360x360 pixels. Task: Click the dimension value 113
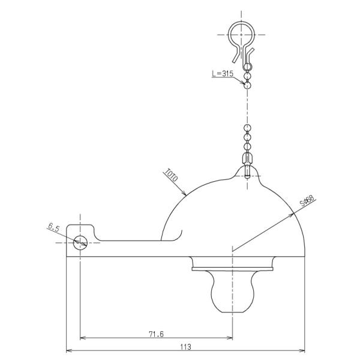[185, 346]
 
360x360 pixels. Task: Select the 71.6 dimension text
[157, 334]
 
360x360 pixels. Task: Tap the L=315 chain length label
[223, 73]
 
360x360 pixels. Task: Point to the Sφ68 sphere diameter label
[307, 202]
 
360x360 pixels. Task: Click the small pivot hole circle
[80, 242]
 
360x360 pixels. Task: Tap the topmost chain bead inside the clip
[247, 67]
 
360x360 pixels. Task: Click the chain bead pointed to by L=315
[247, 85]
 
